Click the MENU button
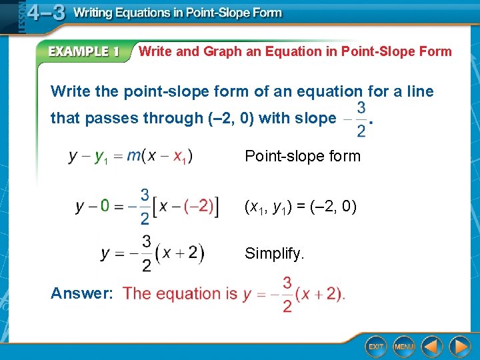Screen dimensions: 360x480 404,346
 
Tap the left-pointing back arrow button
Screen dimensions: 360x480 432,346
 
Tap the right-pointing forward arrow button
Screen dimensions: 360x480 459,346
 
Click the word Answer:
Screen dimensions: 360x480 82,293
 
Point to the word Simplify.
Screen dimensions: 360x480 274,253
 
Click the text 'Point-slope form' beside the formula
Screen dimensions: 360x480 302,157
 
